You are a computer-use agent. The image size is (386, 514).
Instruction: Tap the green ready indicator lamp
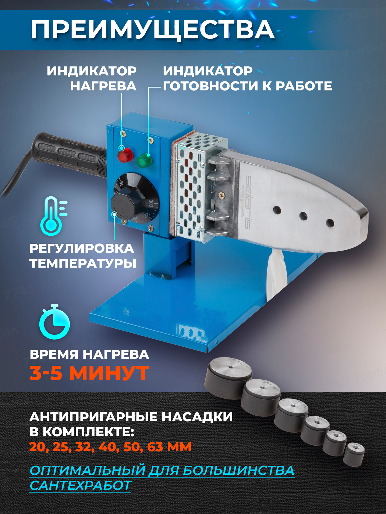tap(144, 161)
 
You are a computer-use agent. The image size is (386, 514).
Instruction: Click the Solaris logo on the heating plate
tap(248, 202)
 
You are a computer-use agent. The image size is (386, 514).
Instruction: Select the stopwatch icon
tap(55, 323)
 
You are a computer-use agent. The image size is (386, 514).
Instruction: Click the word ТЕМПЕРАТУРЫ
tap(83, 263)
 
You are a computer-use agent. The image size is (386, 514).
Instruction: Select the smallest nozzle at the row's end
tap(354, 454)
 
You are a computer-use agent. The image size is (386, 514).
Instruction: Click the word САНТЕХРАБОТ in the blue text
tap(81, 485)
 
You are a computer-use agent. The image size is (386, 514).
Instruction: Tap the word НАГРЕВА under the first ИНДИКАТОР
tap(103, 86)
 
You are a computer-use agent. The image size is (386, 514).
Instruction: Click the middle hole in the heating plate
tap(303, 216)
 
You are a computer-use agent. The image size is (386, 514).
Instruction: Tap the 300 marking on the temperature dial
tap(151, 203)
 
